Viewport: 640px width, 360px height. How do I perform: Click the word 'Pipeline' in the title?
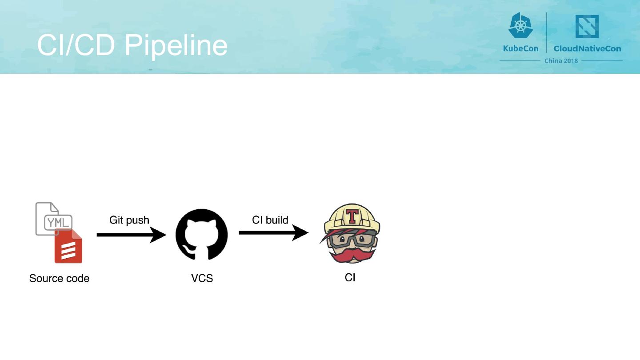pos(176,45)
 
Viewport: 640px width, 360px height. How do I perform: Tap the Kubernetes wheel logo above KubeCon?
pos(520,25)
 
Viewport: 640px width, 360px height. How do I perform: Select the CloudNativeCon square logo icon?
pos(587,26)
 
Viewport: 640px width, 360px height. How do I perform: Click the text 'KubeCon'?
pos(520,48)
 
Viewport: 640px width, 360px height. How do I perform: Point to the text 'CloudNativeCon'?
pos(587,48)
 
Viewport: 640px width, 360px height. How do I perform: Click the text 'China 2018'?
pos(561,61)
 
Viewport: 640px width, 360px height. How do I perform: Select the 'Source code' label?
pos(59,279)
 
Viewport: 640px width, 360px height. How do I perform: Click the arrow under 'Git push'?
pos(131,234)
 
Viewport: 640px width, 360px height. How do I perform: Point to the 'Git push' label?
pos(129,220)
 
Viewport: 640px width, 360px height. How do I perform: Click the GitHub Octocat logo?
pos(201,234)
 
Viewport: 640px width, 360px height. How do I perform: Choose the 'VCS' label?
pos(202,279)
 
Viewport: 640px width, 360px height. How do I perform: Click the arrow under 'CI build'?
pos(273,232)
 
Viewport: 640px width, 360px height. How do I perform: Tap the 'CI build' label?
pos(270,220)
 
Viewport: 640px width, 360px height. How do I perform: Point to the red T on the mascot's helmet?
pos(352,216)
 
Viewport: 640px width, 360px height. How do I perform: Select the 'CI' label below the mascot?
pos(350,278)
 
